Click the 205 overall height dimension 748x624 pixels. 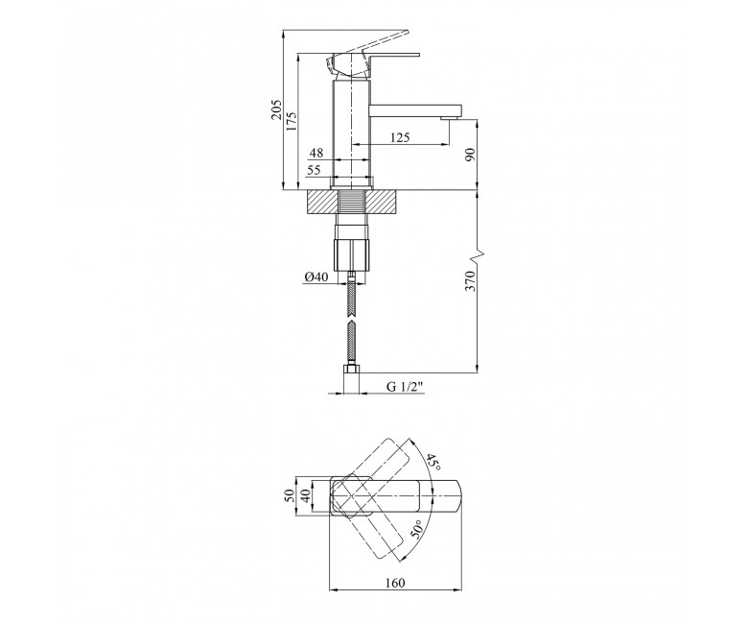276,109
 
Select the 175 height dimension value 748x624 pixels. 292,121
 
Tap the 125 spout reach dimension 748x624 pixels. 400,137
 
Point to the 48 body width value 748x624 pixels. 316,153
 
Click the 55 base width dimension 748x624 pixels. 314,171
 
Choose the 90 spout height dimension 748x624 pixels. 470,155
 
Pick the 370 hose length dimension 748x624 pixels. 470,280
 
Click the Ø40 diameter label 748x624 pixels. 316,276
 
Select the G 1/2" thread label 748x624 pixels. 405,387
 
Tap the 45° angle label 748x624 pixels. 433,461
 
